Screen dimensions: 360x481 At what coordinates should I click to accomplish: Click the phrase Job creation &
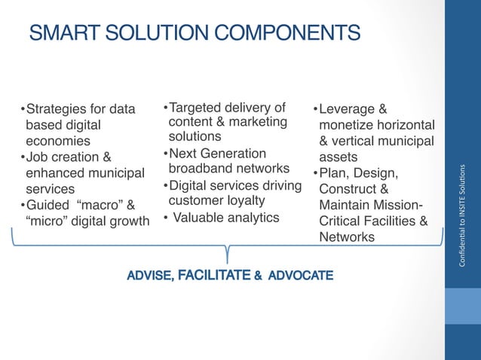pyautogui.click(x=69, y=157)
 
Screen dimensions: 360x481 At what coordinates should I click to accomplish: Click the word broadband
pyautogui.click(x=199, y=169)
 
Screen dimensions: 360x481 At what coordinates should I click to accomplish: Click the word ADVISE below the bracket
pyautogui.click(x=149, y=276)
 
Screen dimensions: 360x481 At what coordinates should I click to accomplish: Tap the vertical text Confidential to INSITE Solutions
pyautogui.click(x=462, y=214)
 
